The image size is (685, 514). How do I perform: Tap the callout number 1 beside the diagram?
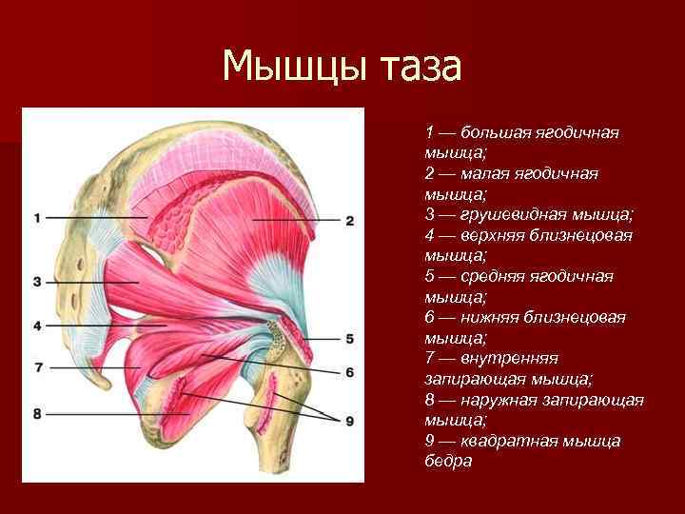pos(36,218)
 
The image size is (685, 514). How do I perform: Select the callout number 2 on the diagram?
pos(349,220)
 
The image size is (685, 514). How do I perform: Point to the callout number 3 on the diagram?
pos(36,281)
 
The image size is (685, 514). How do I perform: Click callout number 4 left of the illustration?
pos(36,326)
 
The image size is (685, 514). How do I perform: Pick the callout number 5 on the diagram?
pos(349,338)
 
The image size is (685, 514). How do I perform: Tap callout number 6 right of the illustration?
pos(349,371)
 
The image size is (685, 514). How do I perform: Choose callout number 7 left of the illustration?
pos(36,366)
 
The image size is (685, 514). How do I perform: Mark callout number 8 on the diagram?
pos(36,413)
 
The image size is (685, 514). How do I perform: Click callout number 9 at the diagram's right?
pos(349,421)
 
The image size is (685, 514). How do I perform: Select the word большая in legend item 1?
pos(500,132)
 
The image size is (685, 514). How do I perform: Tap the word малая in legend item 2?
pos(488,173)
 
